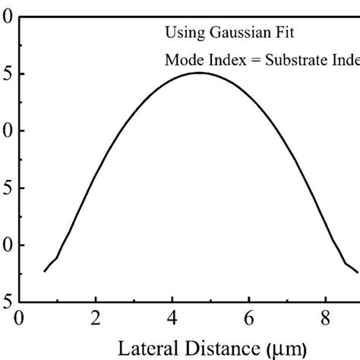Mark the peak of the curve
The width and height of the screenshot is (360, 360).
(199, 73)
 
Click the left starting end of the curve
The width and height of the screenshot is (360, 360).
(44, 271)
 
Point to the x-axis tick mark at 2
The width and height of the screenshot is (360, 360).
(96, 299)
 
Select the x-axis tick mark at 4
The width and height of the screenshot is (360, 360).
(172, 299)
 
